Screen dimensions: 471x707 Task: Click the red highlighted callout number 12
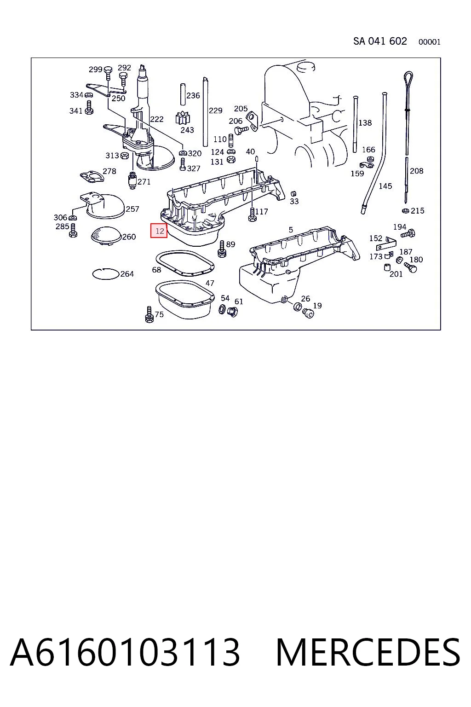[x=159, y=231]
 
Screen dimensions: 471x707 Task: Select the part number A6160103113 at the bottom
[x=125, y=652]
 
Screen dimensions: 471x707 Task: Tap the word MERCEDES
[x=368, y=652]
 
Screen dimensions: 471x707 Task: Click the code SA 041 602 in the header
[x=380, y=41]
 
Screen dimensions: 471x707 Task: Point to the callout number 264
[x=127, y=274]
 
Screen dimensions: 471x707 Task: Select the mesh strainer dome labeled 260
[x=106, y=235]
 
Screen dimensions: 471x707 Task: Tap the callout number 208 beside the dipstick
[x=416, y=171]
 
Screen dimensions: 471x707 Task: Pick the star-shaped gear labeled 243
[x=183, y=118]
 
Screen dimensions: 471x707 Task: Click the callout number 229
[x=215, y=110]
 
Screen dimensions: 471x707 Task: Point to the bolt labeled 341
[x=89, y=108]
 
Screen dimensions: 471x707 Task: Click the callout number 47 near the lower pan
[x=210, y=283]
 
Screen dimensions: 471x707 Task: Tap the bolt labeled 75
[x=149, y=314]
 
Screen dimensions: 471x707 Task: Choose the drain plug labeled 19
[x=308, y=313]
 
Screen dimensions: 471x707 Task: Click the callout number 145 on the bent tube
[x=385, y=186]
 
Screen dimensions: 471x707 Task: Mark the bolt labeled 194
[x=408, y=234]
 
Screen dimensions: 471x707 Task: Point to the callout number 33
[x=294, y=201]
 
